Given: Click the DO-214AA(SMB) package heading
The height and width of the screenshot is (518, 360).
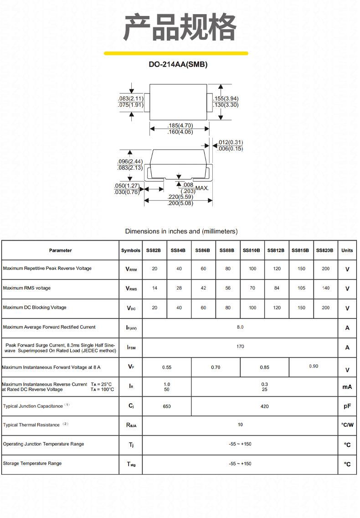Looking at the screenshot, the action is pos(178,64).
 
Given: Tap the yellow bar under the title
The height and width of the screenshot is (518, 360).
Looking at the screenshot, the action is pos(176,53).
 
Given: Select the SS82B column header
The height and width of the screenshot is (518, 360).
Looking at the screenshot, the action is pos(154,250).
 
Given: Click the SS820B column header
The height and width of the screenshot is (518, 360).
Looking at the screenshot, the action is pos(324,250).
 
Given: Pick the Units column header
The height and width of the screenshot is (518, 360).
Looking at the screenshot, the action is pos(347,250).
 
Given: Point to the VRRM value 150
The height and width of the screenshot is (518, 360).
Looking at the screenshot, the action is pos(302,269).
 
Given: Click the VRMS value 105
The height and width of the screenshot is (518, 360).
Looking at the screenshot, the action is pos(302,288).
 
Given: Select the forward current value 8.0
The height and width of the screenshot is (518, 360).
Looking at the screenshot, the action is pos(240,327).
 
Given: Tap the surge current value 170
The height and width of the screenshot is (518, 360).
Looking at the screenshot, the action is pos(240,347).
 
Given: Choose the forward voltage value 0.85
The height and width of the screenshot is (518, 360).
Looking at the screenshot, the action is pos(265,367).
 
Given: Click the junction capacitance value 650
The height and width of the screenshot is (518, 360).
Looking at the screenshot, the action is pos(167,406).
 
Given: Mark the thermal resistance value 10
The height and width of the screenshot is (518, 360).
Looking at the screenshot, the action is pos(240,425).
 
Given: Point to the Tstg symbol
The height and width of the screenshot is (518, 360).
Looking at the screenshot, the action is pos(131,464).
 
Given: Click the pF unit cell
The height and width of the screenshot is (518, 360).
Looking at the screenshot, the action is pos(347,406).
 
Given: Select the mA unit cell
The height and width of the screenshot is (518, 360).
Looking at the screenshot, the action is pos(347,387).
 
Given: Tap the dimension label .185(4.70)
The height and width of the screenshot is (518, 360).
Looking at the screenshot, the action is pos(180,125).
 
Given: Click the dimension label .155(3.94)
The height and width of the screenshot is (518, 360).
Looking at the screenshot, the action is pos(226,98).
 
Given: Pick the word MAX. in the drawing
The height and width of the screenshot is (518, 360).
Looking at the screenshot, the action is pos(202,188).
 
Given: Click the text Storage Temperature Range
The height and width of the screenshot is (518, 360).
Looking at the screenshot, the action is pos(32,463).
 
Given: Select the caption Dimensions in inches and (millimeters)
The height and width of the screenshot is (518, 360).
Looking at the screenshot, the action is pos(181,231).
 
